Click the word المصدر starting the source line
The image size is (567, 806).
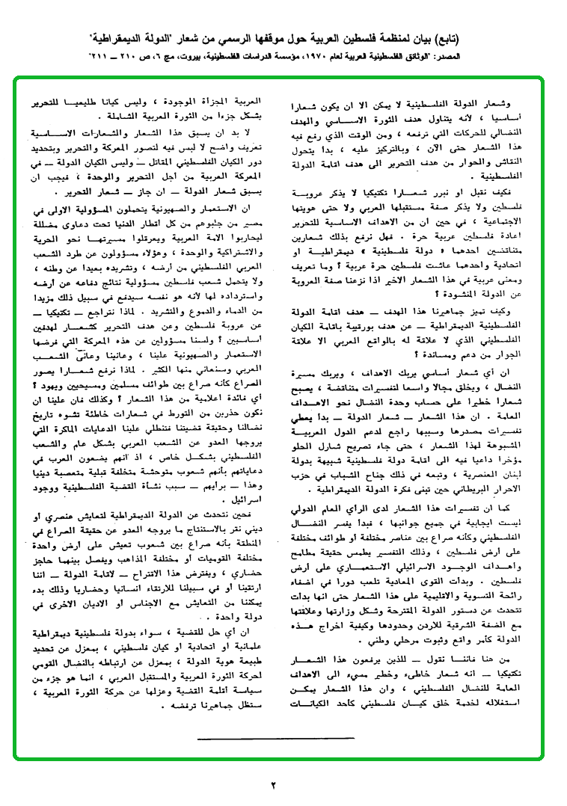(x=539, y=56)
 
